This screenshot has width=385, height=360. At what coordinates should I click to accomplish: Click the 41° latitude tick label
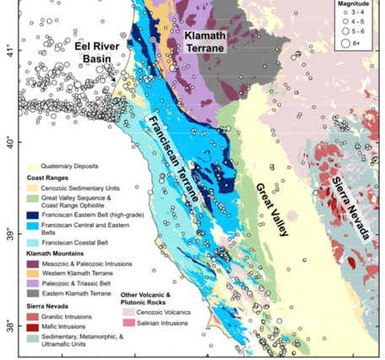pyautogui.click(x=9, y=49)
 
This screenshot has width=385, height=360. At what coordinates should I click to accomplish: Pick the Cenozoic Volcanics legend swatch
pyautogui.click(x=128, y=311)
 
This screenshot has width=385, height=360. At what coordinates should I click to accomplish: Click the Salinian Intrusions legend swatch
pyautogui.click(x=128, y=324)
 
